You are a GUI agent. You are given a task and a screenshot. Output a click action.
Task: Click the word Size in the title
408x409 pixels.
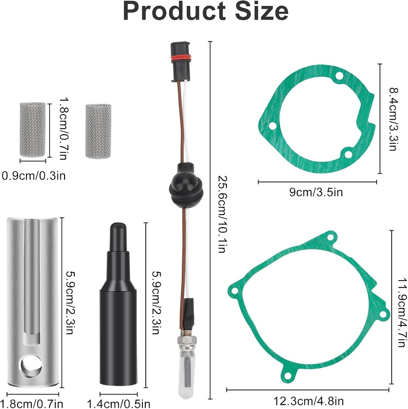(x=260, y=11)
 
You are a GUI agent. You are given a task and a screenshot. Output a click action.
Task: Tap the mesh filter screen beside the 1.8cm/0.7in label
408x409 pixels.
(x=33, y=130)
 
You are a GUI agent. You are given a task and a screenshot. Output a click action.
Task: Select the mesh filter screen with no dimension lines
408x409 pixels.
(x=98, y=131)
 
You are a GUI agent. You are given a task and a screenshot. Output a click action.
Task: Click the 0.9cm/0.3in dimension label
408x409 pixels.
(x=34, y=176)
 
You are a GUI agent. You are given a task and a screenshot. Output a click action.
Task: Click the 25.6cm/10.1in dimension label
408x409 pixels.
(x=223, y=214)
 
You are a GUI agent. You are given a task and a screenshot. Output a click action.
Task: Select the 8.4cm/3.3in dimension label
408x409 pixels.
(x=394, y=119)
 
